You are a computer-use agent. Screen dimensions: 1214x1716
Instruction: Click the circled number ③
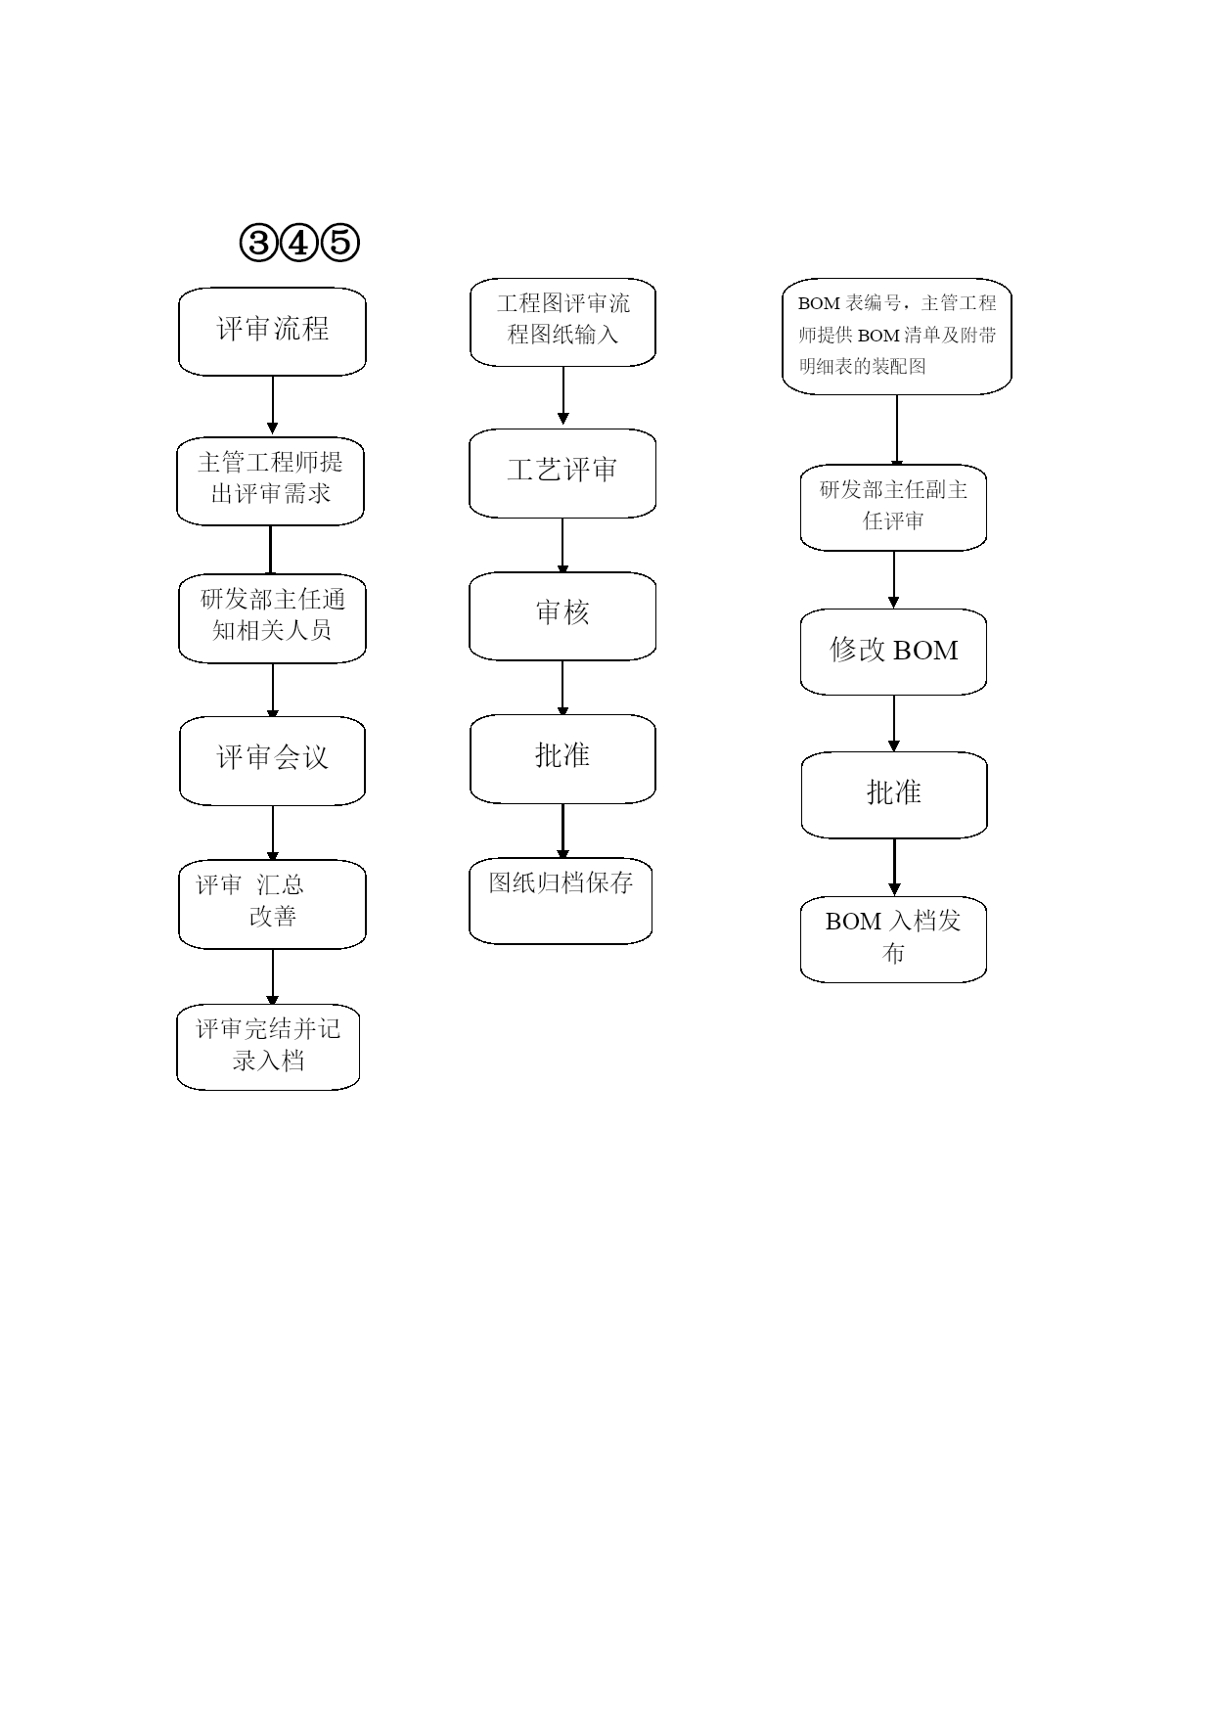pos(258,243)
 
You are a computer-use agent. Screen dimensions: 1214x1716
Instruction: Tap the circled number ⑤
pos(340,243)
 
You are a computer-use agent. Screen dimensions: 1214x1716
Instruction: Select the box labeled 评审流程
pos(272,331)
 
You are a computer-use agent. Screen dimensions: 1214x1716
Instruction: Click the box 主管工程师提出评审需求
pos(271,480)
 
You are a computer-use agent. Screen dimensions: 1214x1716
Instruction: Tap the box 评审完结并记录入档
pos(268,1047)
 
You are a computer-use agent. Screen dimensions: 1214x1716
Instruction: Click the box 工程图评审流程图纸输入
pos(562,322)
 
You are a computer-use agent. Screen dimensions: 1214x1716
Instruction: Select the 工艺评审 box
pos(562,473)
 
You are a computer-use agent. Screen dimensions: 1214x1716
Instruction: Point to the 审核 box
pos(562,615)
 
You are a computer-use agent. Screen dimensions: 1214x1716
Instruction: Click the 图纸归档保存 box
pos(561,901)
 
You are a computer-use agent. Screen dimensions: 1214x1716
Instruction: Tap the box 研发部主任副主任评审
pos(893,507)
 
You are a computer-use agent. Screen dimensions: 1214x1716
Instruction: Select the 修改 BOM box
pos(893,652)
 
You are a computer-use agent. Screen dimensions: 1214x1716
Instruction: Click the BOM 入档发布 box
pos(893,939)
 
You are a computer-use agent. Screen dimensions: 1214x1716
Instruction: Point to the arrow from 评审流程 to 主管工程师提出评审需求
pos(272,405)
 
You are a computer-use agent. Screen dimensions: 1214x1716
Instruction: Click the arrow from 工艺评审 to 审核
pos(562,546)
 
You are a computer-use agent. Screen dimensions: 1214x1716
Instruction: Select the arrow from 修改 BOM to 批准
pos(893,724)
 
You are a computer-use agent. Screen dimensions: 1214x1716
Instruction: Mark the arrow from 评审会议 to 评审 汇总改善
pos(272,834)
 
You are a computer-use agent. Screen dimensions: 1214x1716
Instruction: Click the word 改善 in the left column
pos(272,917)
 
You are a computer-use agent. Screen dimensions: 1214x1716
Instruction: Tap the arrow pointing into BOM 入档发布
pos(894,868)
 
